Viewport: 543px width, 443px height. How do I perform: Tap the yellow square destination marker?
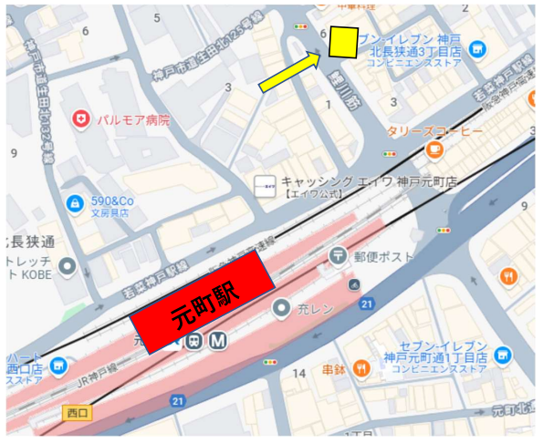click(x=344, y=40)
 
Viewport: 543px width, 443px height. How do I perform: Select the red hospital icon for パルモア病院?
click(x=81, y=119)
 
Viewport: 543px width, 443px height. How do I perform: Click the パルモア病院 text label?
click(x=136, y=119)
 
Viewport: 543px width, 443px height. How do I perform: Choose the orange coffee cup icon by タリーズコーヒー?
click(x=434, y=148)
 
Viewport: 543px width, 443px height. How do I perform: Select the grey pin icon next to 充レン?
click(x=282, y=307)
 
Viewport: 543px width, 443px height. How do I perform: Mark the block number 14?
click(x=298, y=374)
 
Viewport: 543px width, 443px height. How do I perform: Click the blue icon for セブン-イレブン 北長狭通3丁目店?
click(x=477, y=48)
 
